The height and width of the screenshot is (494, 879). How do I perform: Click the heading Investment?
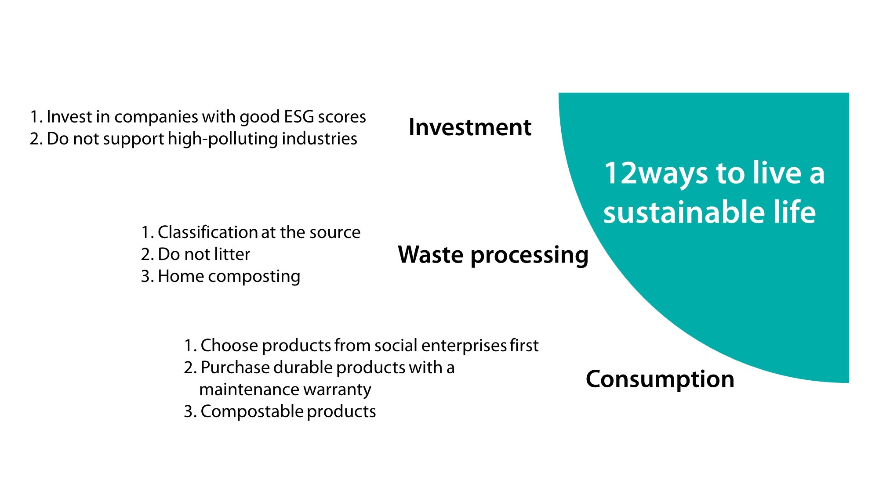click(470, 127)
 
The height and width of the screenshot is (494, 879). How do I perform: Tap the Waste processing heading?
click(493, 255)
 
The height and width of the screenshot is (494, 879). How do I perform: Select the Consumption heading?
click(660, 379)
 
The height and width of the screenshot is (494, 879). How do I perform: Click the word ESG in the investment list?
click(298, 117)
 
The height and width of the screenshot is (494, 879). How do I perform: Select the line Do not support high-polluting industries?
click(193, 139)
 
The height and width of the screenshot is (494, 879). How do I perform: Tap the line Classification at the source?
click(251, 232)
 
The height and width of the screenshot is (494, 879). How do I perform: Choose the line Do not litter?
click(196, 254)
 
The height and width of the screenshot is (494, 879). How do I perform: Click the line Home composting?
click(221, 276)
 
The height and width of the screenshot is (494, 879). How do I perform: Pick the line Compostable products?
click(280, 411)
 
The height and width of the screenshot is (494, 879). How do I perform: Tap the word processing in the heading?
click(529, 256)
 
